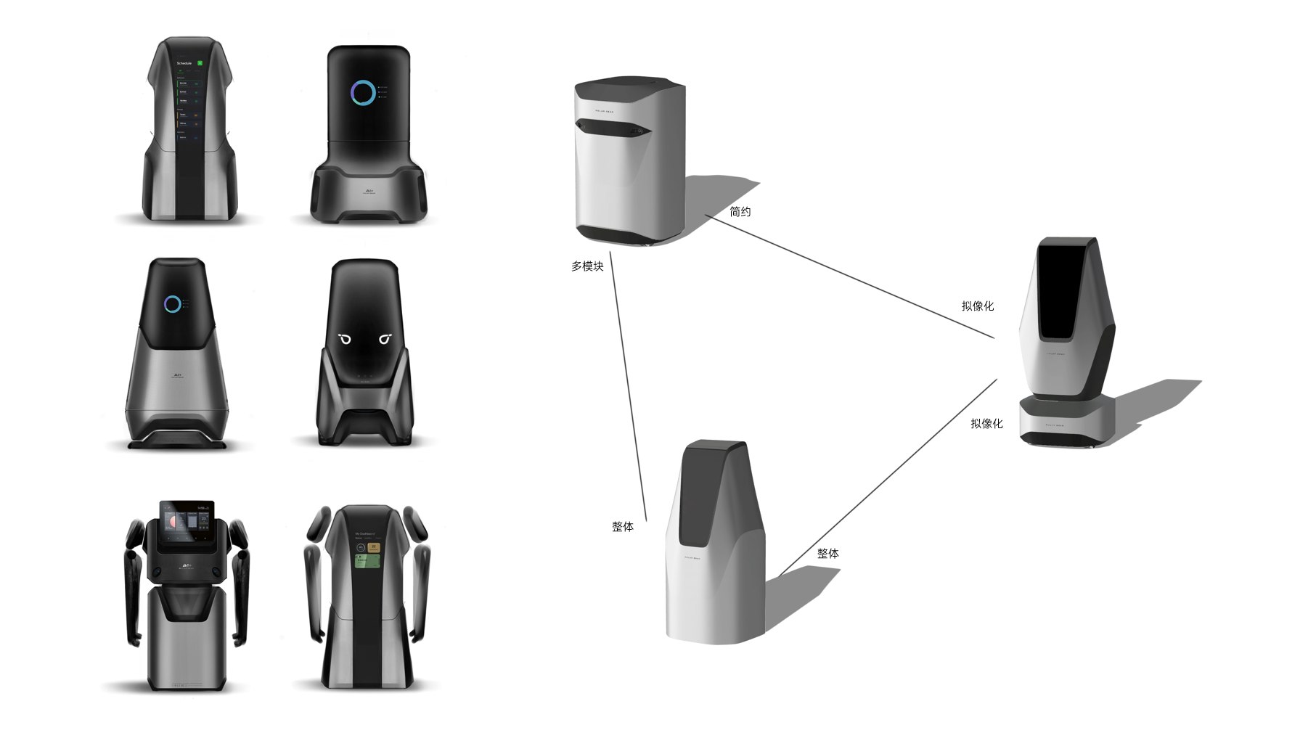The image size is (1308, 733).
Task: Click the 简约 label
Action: pos(740,212)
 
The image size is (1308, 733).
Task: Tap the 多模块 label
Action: pos(587,266)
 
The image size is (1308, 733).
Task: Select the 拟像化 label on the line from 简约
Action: pos(977,306)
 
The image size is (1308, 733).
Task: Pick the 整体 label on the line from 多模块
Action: pos(623,527)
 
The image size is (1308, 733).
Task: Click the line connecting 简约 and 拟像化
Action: pos(849,277)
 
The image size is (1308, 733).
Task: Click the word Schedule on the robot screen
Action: pos(184,63)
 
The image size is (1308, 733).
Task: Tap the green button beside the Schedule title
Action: pos(200,63)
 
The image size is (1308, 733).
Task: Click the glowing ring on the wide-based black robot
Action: pos(363,93)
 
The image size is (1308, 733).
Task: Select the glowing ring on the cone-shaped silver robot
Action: pos(172,304)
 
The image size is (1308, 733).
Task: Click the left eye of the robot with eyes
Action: pos(345,339)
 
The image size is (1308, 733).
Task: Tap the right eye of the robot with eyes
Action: pos(385,339)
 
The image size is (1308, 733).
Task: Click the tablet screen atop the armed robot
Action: pos(187,521)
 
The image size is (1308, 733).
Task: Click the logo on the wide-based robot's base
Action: pos(369,192)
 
